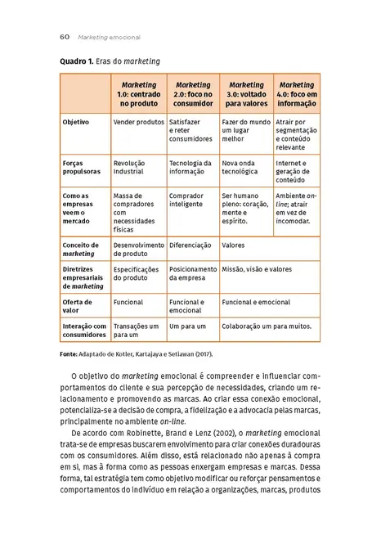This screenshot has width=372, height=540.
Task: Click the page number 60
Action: coord(64,37)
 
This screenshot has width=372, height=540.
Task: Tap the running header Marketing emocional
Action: coord(109,37)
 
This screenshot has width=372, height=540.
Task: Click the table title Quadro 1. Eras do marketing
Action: coord(110,61)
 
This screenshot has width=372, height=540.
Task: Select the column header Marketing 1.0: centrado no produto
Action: coord(139,94)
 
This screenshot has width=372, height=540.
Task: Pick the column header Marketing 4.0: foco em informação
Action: coord(297,94)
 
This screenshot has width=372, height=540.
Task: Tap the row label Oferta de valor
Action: coord(78,306)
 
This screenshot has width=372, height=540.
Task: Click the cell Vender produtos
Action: coord(139,121)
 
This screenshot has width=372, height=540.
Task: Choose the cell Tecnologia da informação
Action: coord(190,167)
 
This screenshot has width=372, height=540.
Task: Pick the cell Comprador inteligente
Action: coord(186,200)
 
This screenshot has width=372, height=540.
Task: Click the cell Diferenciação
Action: coord(190,245)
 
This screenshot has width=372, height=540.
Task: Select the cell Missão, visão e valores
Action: coord(257,268)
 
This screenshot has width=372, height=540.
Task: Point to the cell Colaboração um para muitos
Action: coord(266,326)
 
